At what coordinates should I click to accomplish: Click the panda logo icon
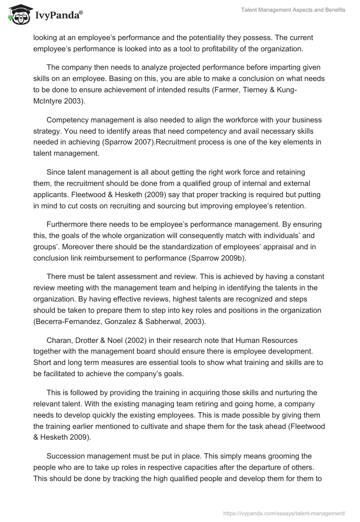coord(17,15)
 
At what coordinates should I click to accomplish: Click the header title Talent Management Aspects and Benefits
coord(292,10)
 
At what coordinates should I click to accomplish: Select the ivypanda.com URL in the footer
coord(284,513)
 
